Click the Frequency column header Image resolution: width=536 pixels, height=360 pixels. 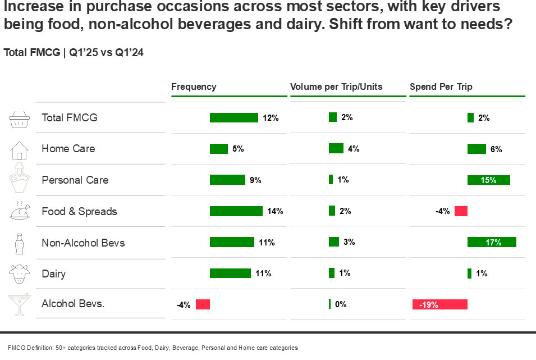coord(194,86)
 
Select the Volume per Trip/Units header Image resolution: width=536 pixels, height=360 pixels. coord(336,86)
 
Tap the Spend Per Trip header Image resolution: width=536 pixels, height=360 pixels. coord(441,86)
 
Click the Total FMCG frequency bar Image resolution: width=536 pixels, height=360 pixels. coord(233,117)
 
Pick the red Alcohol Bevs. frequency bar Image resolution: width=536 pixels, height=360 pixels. coord(203,304)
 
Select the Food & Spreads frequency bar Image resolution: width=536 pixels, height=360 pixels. coord(236,211)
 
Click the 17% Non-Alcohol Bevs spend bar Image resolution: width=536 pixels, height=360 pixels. coord(492,242)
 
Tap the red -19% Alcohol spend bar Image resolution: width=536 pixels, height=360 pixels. coord(439,304)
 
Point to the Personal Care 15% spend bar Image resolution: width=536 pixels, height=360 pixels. coord(488,180)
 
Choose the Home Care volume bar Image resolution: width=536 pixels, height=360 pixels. coord(336,148)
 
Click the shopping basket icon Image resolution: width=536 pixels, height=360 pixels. coord(19,119)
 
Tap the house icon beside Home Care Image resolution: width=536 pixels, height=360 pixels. coord(19,149)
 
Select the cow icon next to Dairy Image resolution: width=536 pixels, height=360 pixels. coord(19,274)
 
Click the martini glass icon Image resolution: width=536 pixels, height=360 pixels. coord(19,306)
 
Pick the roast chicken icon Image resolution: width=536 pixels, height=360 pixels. coord(19,211)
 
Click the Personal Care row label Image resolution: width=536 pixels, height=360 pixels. coord(75,180)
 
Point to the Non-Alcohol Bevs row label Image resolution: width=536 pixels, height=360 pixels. coord(83,243)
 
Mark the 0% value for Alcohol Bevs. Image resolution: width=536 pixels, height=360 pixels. coord(341,304)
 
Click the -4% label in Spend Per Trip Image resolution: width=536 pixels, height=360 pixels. coord(443,212)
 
